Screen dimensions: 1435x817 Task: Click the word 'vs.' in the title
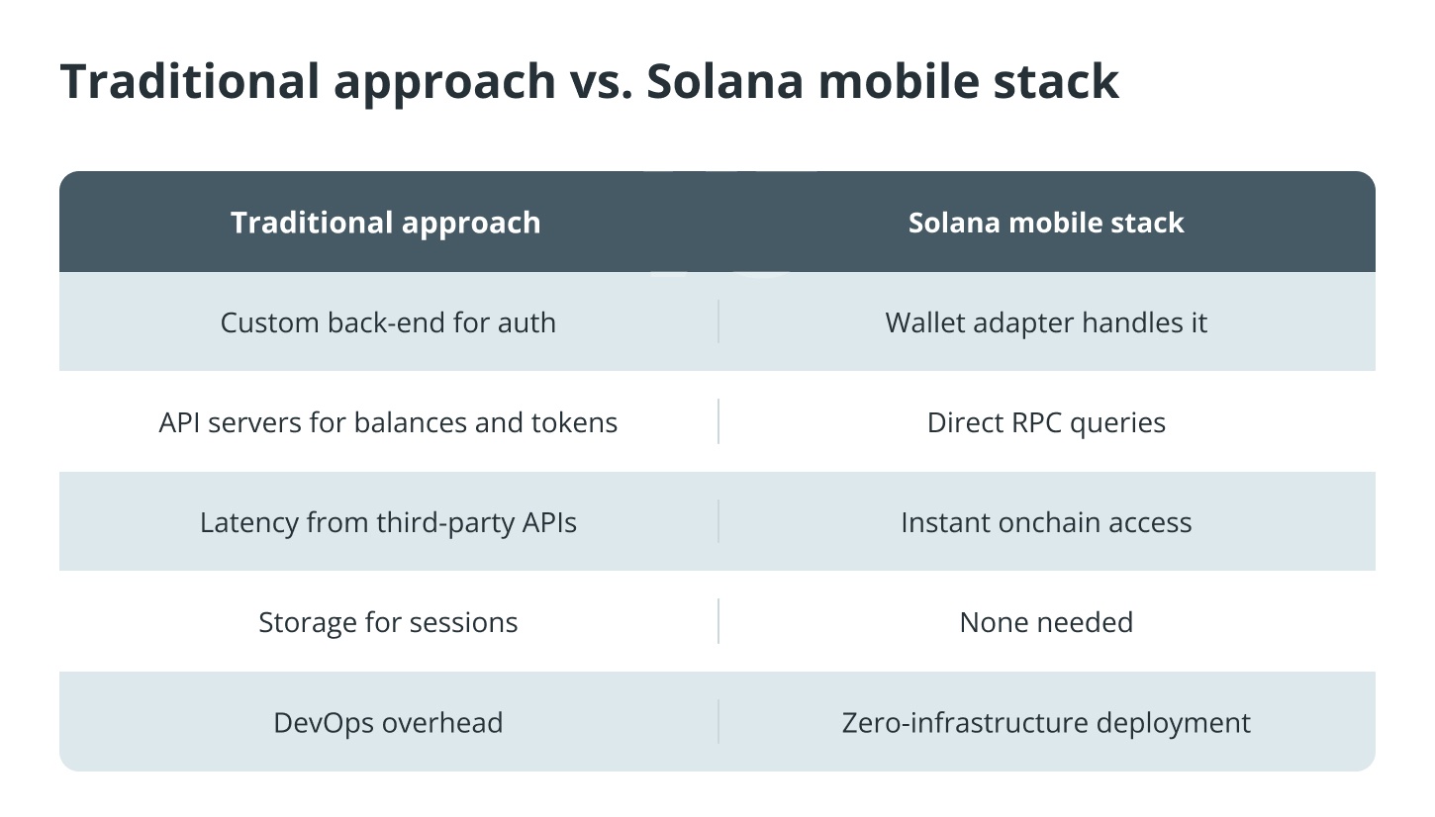601,82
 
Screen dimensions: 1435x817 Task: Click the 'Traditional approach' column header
386,223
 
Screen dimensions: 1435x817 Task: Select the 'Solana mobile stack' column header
1046,223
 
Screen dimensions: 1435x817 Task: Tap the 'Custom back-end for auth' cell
388,322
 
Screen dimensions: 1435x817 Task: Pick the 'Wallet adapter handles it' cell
1046,322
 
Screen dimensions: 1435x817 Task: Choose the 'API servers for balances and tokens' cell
388,422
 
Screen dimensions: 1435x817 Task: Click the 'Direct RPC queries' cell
1046,422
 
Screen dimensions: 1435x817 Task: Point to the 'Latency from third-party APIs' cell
388,522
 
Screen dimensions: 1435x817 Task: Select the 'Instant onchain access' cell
1046,522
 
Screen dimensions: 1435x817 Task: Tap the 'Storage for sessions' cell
388,622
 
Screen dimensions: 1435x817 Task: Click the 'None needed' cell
1046,622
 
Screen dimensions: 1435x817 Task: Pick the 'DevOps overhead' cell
388,723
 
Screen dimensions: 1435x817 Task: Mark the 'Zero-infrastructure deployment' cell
1046,723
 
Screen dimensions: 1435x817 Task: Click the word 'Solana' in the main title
724,82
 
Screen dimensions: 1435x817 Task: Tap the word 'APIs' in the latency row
549,522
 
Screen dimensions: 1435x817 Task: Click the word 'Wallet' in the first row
925,322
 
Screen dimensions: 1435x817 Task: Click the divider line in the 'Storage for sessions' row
718,621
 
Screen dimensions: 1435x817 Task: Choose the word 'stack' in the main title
1056,82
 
